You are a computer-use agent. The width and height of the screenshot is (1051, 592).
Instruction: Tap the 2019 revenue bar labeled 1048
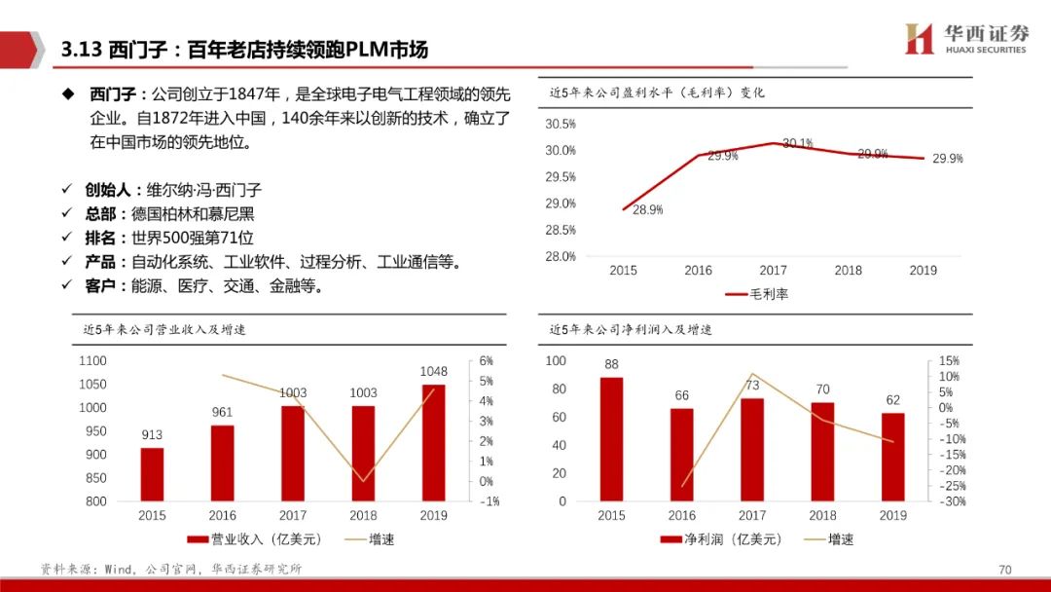(433, 443)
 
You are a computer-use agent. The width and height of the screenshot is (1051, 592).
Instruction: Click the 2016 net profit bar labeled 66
(682, 455)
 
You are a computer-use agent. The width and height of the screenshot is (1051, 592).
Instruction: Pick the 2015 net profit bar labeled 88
(611, 439)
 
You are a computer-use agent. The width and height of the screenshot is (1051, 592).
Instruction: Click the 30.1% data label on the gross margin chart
(797, 143)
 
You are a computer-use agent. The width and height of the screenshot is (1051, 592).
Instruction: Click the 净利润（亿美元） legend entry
(719, 538)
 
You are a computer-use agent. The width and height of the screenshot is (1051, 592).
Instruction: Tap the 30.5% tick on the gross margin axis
(561, 124)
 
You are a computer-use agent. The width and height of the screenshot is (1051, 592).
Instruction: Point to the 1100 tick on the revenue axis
(92, 360)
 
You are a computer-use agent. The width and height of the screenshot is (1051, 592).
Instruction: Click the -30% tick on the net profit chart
(954, 501)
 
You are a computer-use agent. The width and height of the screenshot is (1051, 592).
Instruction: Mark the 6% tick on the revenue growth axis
(487, 360)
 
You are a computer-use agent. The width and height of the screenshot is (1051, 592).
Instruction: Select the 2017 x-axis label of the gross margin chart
(773, 271)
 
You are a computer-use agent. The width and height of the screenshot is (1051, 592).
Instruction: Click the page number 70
(1005, 570)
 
